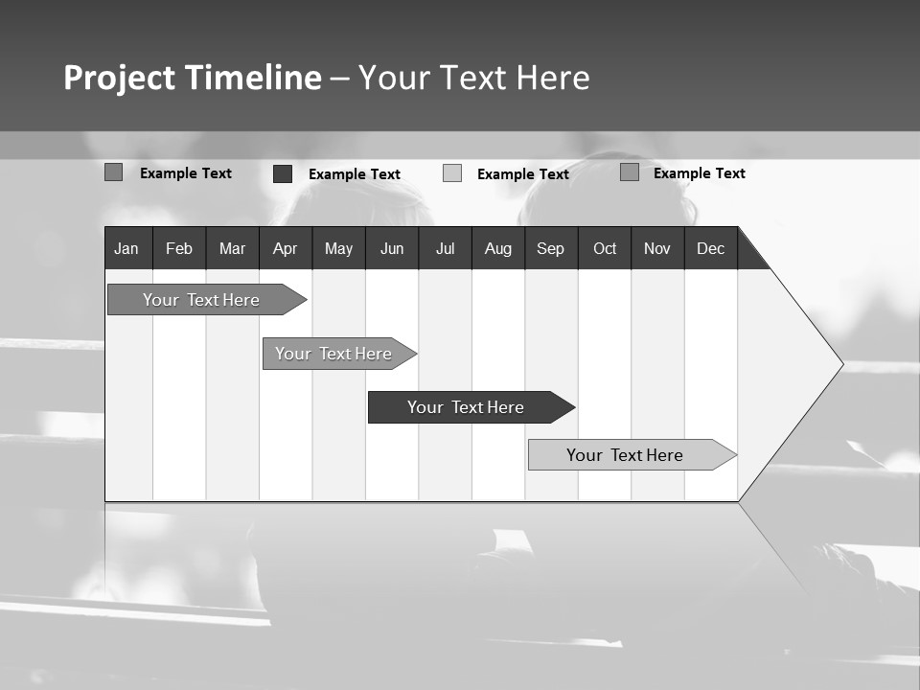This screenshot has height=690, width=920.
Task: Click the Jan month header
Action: [127, 248]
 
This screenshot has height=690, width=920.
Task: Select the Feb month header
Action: [179, 248]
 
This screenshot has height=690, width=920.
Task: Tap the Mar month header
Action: [232, 248]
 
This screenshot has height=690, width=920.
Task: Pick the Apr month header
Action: [286, 248]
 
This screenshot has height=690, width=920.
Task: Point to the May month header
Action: [338, 248]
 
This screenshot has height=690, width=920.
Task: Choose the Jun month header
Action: [392, 248]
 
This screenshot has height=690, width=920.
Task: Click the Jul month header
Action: [445, 248]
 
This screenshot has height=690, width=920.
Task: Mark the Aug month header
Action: [498, 248]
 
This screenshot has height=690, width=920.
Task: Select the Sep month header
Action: [551, 248]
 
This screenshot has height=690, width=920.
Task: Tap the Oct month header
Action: [605, 248]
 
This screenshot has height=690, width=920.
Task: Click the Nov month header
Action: [657, 248]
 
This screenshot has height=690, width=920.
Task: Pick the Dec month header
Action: [711, 248]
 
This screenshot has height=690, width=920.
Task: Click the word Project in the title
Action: [120, 78]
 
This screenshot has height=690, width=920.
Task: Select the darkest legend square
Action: [283, 173]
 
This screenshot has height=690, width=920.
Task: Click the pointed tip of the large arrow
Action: [841, 364]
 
